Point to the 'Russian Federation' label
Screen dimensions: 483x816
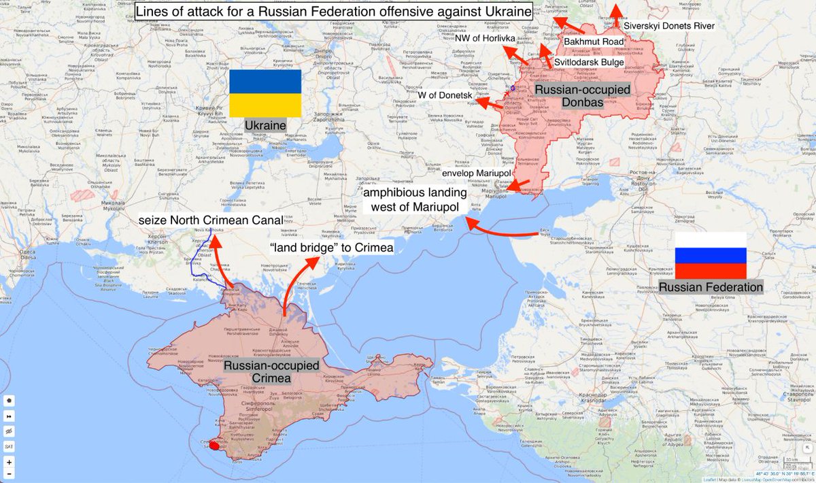pyautogui.click(x=711, y=287)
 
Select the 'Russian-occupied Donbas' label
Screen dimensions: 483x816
pyautogui.click(x=581, y=96)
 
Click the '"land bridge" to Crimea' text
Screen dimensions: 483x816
pyautogui.click(x=332, y=247)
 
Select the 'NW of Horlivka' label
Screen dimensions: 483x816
pyautogui.click(x=486, y=38)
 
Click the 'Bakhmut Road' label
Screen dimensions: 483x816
pyautogui.click(x=593, y=41)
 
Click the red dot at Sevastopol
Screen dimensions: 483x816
pyautogui.click(x=214, y=446)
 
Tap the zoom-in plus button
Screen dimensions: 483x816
pyautogui.click(x=10, y=461)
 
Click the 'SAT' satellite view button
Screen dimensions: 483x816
pyautogui.click(x=10, y=446)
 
